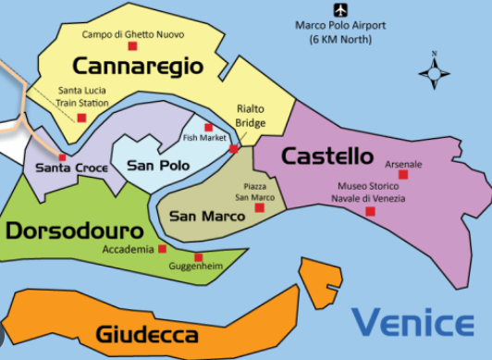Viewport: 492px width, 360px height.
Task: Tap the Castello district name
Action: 326,155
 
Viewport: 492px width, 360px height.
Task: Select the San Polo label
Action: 158,166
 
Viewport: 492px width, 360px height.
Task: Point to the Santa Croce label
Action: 71,168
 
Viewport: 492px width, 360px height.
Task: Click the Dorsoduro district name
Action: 73,229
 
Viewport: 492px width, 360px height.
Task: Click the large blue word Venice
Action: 412,324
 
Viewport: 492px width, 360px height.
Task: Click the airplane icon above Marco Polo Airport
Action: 340,10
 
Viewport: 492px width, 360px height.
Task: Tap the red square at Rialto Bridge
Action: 233,148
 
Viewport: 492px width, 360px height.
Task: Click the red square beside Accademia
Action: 163,248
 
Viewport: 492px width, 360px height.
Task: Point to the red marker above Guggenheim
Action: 197,256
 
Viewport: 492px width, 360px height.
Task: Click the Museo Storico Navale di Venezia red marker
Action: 370,212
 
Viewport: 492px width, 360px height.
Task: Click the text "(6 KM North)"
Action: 339,40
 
